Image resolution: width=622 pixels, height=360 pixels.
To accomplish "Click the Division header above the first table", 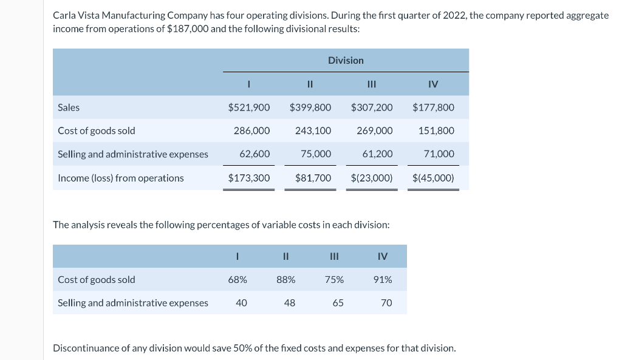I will click(x=346, y=60).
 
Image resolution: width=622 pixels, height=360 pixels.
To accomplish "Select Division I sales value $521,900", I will click(x=249, y=107).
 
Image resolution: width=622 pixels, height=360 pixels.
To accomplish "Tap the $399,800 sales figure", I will click(x=310, y=107).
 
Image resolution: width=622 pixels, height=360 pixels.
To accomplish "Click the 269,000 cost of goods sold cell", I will click(x=375, y=131).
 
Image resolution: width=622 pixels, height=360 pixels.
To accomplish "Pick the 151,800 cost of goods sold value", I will click(x=436, y=131).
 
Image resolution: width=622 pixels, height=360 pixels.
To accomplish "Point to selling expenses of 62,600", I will click(x=255, y=154).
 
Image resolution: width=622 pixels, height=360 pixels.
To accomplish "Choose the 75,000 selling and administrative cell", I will click(x=316, y=154).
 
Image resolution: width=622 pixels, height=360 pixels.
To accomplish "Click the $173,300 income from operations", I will click(x=249, y=178).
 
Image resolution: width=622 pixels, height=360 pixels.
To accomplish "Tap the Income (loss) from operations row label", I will click(x=120, y=178).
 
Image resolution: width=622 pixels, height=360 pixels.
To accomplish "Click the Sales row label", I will click(x=69, y=107).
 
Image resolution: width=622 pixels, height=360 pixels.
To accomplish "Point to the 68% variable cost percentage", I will click(x=238, y=280).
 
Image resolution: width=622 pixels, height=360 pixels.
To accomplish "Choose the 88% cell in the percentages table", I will click(x=285, y=280).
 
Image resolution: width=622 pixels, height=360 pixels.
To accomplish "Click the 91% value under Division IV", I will click(x=383, y=280).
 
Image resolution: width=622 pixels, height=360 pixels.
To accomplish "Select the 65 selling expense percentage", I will click(x=338, y=303).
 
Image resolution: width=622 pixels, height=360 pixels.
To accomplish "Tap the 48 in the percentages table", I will click(x=290, y=303).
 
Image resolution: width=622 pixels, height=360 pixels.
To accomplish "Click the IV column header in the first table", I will click(x=433, y=84).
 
